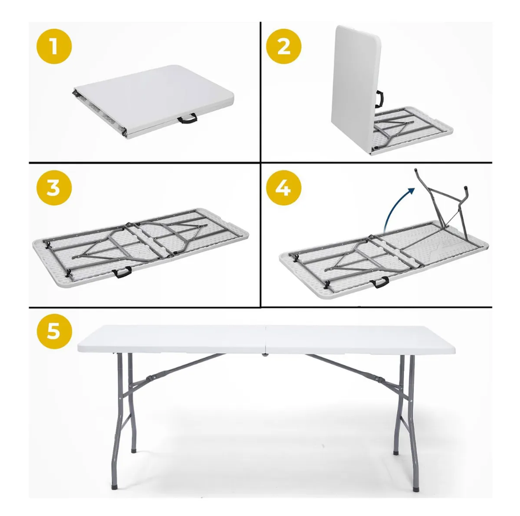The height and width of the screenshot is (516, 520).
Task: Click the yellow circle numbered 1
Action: click(x=54, y=46)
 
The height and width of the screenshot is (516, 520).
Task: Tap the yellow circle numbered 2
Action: click(x=284, y=46)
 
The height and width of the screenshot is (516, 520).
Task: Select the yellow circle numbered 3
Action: click(x=54, y=188)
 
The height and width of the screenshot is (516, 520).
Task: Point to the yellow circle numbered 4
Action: click(x=284, y=188)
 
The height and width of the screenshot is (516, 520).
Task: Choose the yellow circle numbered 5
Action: click(x=54, y=331)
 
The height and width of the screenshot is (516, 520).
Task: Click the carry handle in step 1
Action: click(x=187, y=118)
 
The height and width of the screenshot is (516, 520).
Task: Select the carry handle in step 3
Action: click(x=122, y=272)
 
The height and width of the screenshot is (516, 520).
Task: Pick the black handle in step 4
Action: click(x=380, y=282)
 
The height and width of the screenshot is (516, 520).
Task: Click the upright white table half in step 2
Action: click(x=356, y=90)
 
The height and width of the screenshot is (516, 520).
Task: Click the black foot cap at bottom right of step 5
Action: click(x=415, y=489)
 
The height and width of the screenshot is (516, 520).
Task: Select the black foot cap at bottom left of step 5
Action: click(x=115, y=488)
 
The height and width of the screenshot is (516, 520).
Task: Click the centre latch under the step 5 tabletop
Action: click(x=265, y=355)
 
